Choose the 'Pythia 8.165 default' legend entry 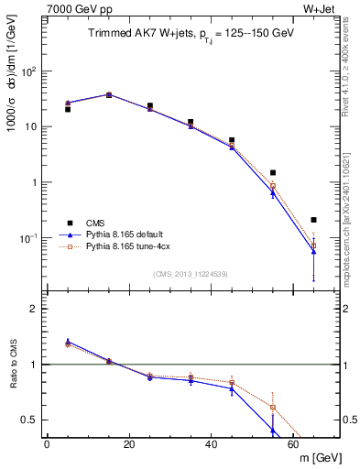click(x=118, y=234)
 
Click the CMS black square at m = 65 click(x=313, y=220)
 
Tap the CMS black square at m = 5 click(x=67, y=109)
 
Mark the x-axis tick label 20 click(x=128, y=445)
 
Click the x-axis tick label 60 click(x=292, y=445)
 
